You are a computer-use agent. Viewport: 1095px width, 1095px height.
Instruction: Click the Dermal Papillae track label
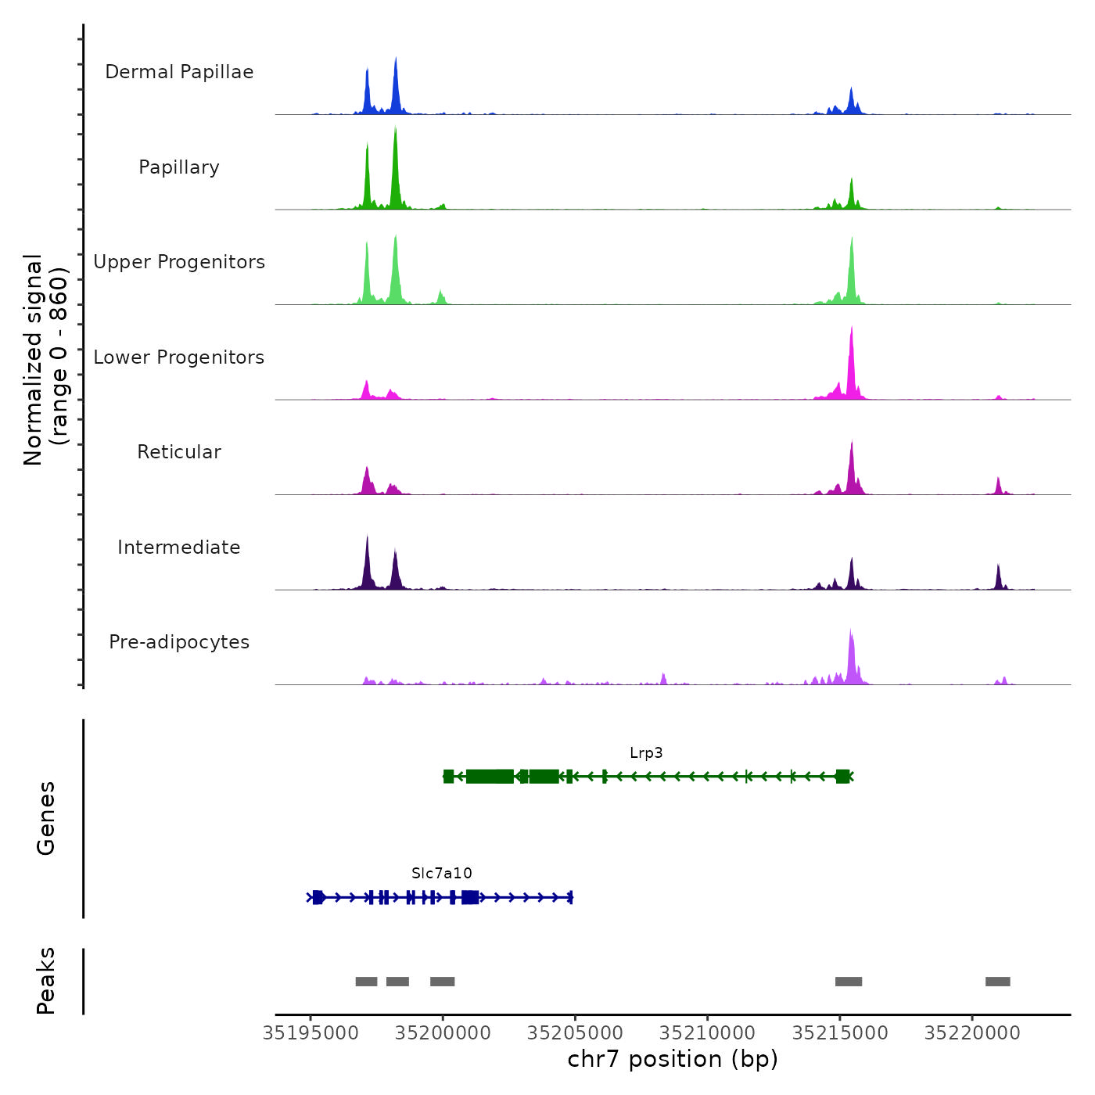[x=179, y=72]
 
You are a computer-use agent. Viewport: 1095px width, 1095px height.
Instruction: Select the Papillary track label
[x=179, y=167]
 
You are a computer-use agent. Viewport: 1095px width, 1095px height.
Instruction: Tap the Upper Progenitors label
[x=179, y=262]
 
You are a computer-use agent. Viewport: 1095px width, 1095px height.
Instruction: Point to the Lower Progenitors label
[x=179, y=357]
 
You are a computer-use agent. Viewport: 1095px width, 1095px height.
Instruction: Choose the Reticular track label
[x=179, y=452]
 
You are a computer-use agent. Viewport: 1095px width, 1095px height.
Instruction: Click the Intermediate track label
[x=179, y=547]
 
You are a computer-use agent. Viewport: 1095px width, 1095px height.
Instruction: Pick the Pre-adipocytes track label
[x=179, y=642]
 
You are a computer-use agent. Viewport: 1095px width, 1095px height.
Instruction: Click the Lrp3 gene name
[x=646, y=753]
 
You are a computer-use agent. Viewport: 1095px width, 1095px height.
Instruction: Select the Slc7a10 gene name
[x=442, y=874]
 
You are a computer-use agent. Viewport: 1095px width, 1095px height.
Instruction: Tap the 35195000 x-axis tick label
[x=311, y=1033]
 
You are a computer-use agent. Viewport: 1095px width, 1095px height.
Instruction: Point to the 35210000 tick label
[x=708, y=1033]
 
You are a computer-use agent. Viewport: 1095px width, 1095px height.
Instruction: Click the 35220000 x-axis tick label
[x=972, y=1033]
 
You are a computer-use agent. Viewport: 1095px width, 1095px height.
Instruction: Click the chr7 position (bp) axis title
[x=673, y=1059]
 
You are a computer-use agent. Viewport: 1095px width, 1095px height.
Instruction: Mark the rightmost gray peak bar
[x=997, y=982]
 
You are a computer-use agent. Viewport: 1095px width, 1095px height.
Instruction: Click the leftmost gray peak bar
[x=366, y=982]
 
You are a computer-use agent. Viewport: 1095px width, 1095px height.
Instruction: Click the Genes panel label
[x=46, y=818]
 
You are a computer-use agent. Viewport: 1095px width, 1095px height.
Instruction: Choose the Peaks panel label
[x=46, y=981]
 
